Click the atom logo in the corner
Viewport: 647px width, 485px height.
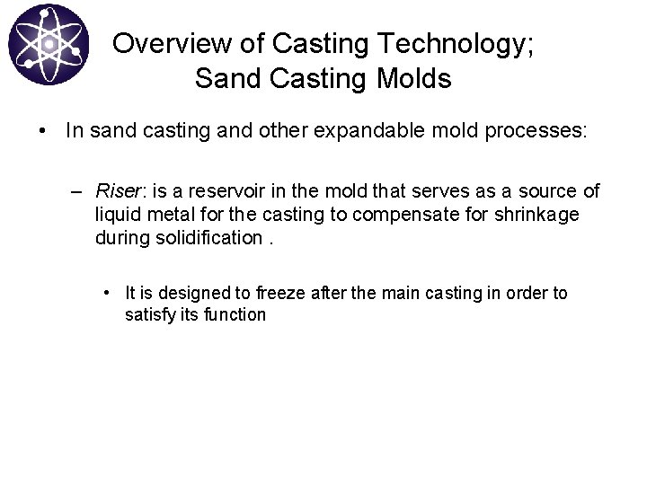[49, 44]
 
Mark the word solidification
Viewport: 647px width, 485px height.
[208, 238]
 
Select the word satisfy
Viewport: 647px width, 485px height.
[150, 314]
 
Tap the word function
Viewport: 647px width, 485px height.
[236, 314]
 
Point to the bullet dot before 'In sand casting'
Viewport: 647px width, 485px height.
[42, 131]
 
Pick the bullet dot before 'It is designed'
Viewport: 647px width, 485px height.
[107, 293]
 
